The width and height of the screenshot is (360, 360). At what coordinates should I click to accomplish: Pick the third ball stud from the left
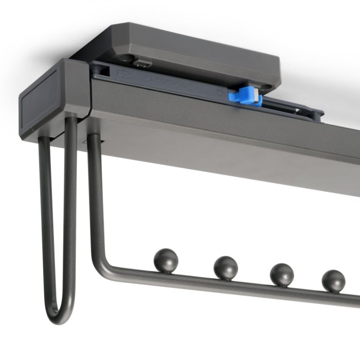[281, 274]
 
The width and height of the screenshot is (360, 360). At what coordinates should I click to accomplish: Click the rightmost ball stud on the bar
[333, 281]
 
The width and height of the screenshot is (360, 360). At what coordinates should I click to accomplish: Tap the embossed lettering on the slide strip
[170, 83]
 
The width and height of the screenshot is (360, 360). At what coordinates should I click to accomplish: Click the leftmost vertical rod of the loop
[46, 216]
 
